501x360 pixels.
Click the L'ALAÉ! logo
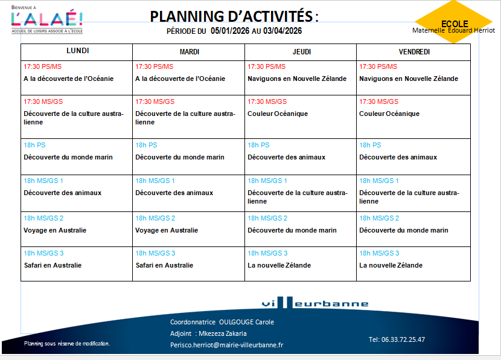tap(47, 19)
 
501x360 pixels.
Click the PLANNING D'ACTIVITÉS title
tap(234, 16)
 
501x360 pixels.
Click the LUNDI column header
tap(77, 51)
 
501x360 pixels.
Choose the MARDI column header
tap(189, 52)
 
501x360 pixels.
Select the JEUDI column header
tap(301, 52)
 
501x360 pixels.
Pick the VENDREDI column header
tap(414, 52)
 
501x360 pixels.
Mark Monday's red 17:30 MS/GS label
tap(43, 101)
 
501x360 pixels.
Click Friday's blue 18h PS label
tap(370, 145)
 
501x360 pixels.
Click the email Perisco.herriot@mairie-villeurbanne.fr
tap(227, 345)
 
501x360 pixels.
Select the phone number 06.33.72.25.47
tap(397, 339)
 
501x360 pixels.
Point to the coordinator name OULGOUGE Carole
tap(246, 322)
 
